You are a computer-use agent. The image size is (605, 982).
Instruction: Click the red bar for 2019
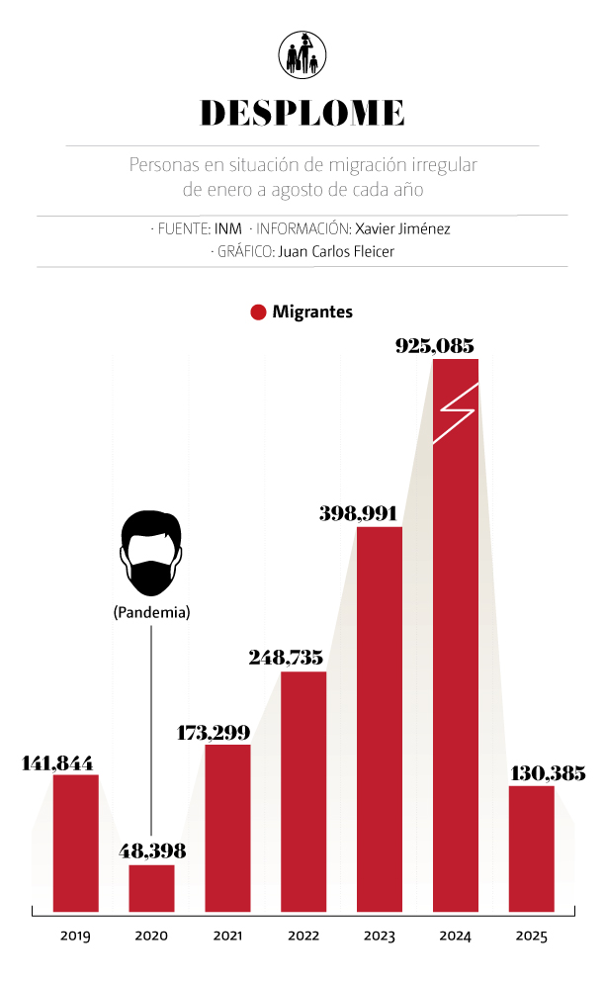coord(76,842)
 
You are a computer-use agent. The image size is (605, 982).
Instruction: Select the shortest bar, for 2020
coord(151,887)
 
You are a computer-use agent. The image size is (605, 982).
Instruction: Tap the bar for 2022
coord(303,790)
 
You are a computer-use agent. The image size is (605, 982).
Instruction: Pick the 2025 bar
coord(532,848)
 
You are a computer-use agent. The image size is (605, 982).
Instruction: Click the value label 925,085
coord(435,346)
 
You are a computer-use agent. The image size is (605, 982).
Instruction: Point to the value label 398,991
coord(358,514)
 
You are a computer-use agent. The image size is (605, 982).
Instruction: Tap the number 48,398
coord(152,850)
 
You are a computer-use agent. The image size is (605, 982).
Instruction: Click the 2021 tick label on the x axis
coord(227,936)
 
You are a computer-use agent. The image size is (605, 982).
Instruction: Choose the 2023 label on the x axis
coord(380,936)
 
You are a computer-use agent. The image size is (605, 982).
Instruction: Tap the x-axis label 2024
coord(456,936)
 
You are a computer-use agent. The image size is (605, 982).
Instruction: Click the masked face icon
coord(151,555)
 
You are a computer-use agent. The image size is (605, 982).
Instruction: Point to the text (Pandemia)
coord(151,613)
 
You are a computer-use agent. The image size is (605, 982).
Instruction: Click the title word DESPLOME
coord(302,112)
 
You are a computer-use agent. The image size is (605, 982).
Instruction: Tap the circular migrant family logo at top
coord(302,54)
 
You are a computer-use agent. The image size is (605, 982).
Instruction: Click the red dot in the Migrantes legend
coord(258,312)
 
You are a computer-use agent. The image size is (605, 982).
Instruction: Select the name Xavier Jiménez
coord(402,228)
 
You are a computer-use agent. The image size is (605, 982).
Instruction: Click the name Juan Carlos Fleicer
coord(337,251)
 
